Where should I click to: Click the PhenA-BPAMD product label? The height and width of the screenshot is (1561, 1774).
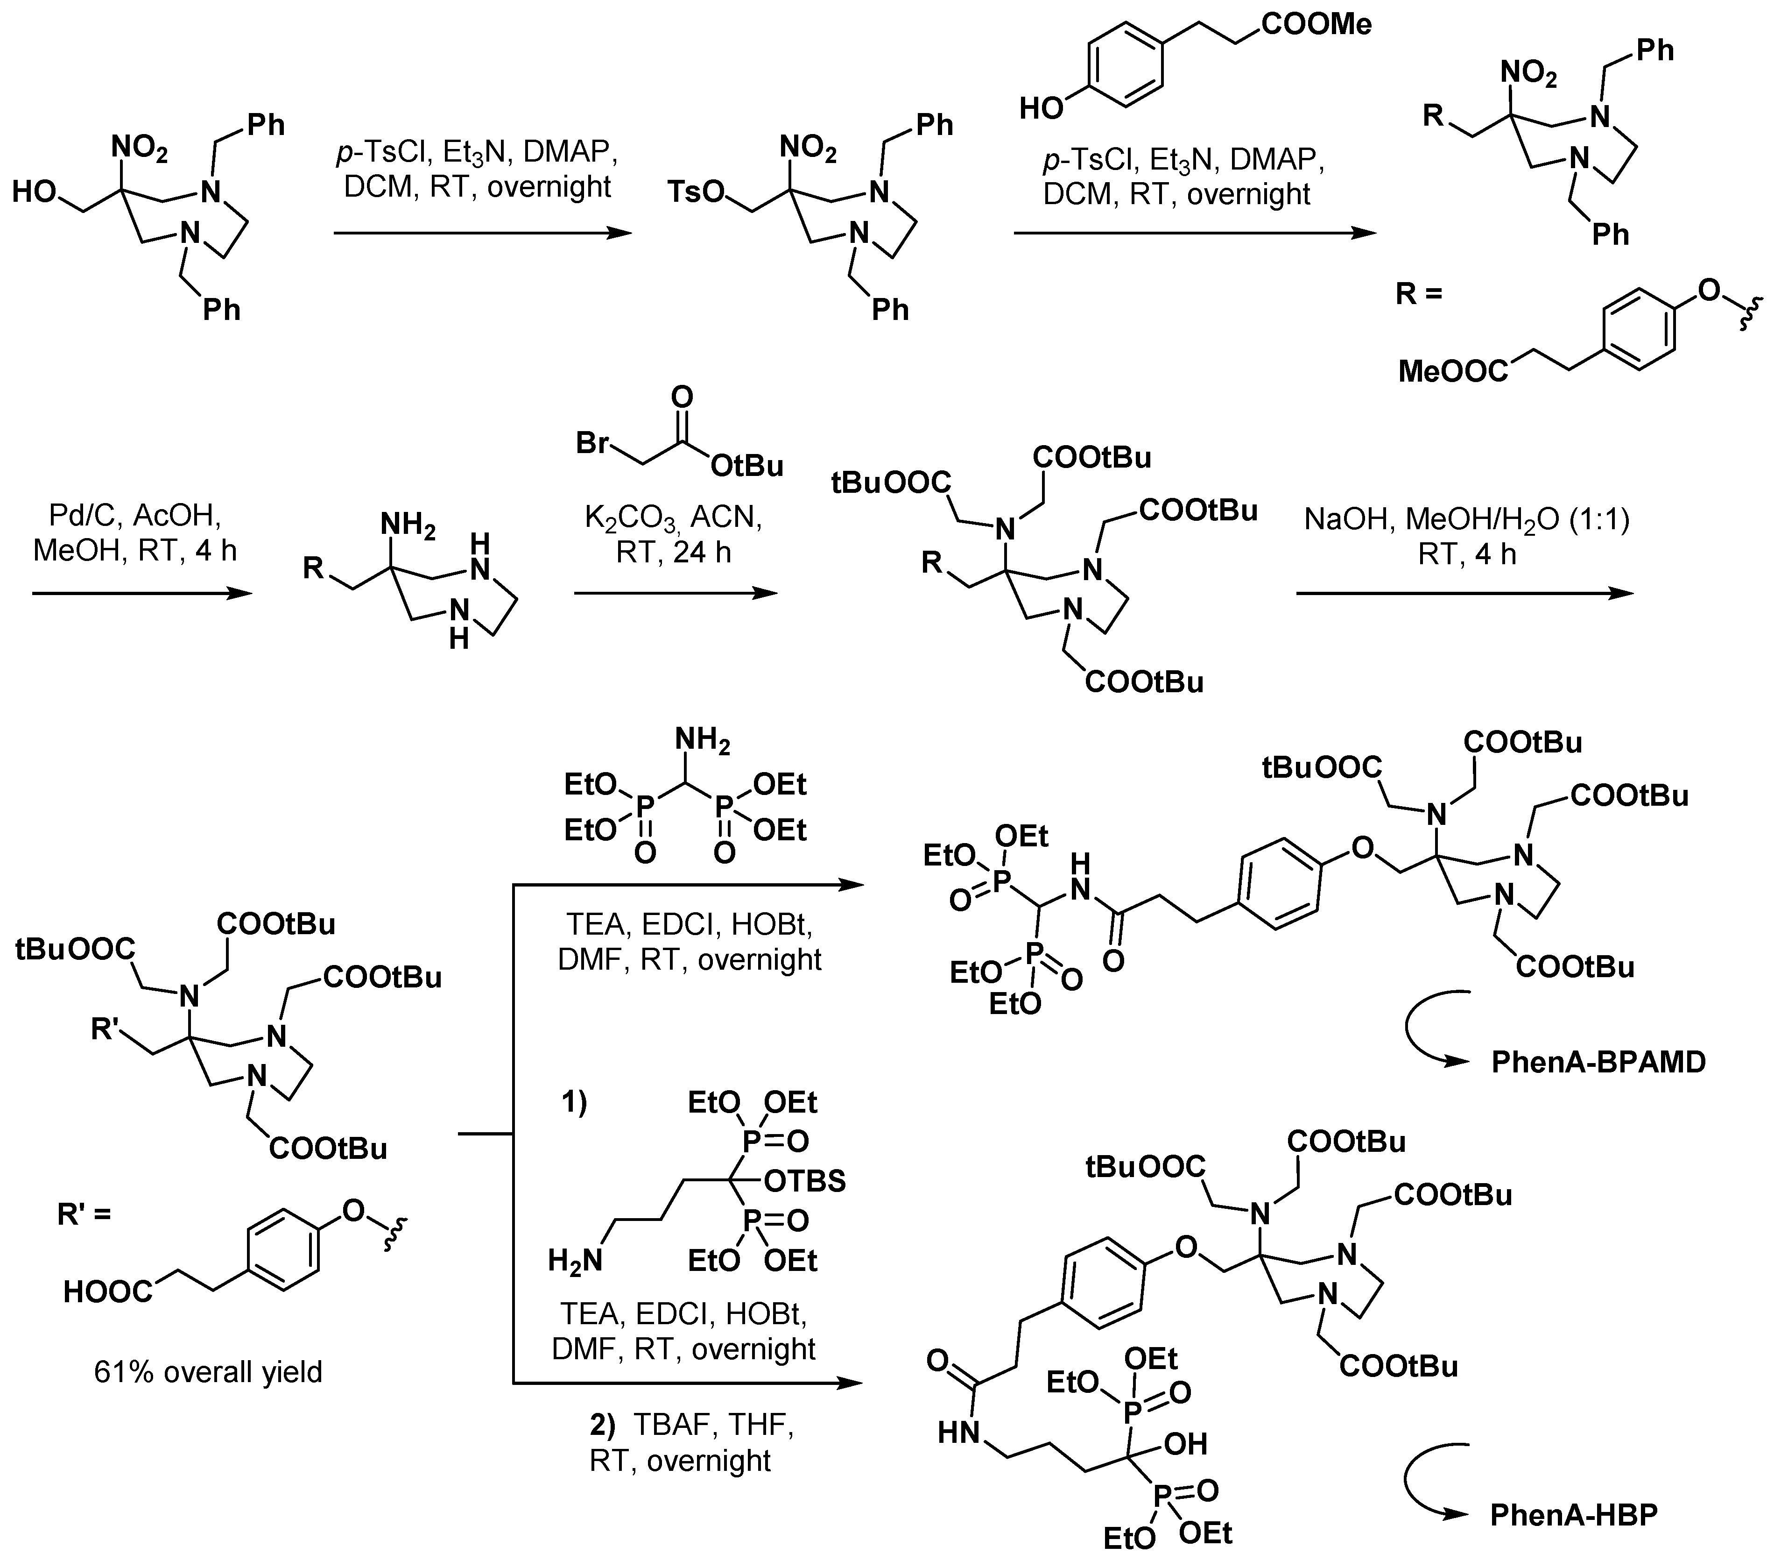1598,1061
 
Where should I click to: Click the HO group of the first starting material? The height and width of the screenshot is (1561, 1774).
35,191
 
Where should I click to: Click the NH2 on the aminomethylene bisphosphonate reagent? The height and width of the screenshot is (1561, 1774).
703,740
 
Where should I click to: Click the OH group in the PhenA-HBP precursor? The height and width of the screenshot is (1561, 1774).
1185,1444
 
